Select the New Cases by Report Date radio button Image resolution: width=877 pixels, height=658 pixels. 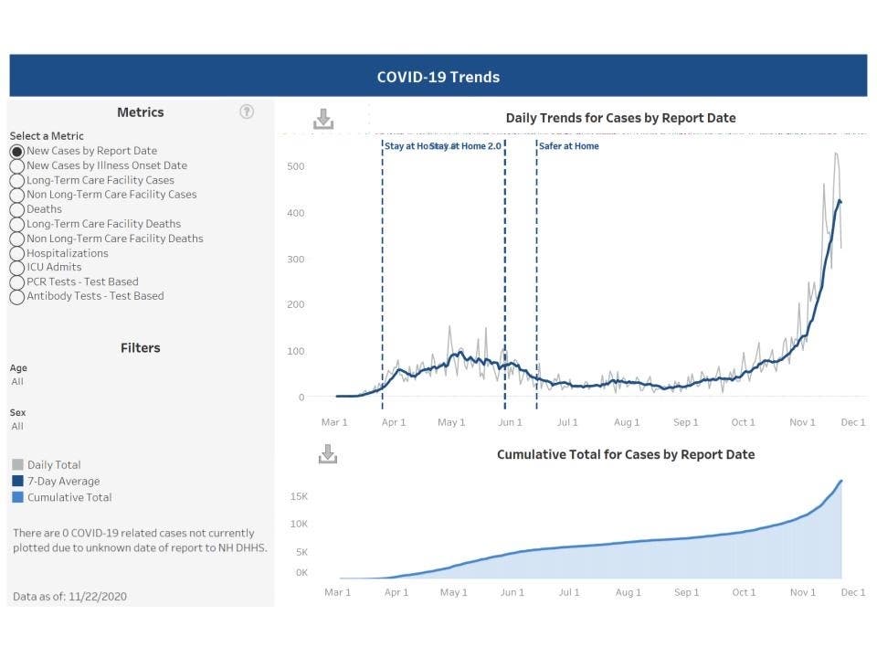click(17, 152)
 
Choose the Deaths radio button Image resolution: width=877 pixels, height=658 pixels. click(17, 209)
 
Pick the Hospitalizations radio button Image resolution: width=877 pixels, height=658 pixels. click(17, 253)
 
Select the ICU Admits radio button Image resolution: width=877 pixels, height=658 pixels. click(17, 268)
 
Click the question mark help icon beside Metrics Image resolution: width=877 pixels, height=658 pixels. click(247, 111)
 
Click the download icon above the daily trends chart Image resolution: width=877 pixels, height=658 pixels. click(323, 119)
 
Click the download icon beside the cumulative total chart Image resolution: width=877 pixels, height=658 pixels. click(328, 454)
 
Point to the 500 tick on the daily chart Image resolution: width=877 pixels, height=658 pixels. click(295, 166)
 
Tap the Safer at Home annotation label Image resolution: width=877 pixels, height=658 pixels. click(569, 145)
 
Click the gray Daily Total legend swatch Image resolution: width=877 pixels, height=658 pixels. click(17, 465)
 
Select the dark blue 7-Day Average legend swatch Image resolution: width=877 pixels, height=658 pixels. click(17, 482)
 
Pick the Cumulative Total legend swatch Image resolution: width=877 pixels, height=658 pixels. click(17, 498)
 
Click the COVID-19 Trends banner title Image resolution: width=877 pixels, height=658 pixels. click(438, 77)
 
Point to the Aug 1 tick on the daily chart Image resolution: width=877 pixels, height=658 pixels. click(627, 422)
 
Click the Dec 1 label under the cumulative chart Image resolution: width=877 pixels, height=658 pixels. click(852, 592)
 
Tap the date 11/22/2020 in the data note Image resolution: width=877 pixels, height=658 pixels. click(98, 597)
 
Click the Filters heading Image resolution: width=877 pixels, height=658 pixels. click(140, 348)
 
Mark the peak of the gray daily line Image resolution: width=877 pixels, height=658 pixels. click(836, 154)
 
